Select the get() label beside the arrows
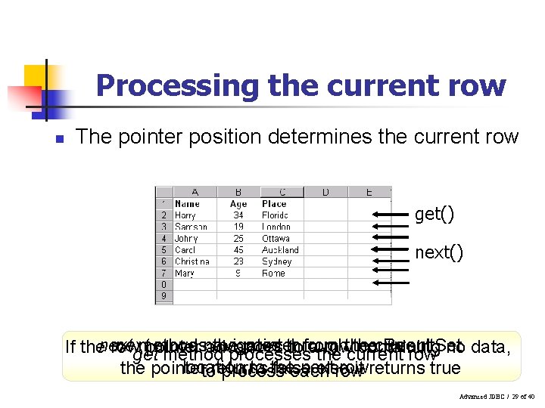[434, 215]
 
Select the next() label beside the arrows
[438, 252]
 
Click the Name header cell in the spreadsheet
[187, 203]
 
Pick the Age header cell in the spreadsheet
[238, 203]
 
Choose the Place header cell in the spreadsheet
[274, 203]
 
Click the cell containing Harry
[185, 215]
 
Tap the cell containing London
[276, 227]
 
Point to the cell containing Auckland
[280, 250]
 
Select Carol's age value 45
[238, 250]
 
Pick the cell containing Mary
[184, 274]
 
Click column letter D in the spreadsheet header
[325, 193]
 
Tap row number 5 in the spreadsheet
[164, 250]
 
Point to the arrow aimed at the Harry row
[391, 215]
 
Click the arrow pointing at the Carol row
[391, 250]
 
